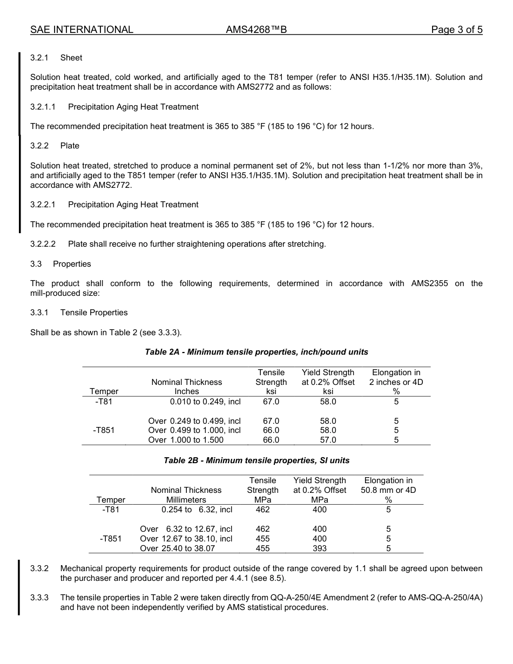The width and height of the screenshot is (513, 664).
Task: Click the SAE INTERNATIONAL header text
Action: tap(82, 30)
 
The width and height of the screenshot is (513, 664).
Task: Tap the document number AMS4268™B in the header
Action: tap(256, 30)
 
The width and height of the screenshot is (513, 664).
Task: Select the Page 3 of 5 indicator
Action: tap(456, 30)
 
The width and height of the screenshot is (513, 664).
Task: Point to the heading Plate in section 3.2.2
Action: tap(70, 146)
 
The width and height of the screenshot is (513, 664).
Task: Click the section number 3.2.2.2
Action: tap(43, 244)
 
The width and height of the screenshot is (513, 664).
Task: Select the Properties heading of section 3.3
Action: tap(72, 264)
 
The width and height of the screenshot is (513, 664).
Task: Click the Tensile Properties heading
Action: tap(94, 313)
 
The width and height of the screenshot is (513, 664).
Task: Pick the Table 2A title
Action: tap(256, 352)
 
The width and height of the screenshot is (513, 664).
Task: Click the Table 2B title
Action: tap(256, 460)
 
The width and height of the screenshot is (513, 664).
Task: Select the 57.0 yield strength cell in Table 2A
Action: tap(328, 440)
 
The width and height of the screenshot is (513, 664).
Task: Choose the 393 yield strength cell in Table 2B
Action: tap(320, 548)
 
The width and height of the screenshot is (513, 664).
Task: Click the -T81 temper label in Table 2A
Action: tap(104, 402)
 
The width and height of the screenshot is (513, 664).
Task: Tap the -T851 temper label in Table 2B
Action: tap(110, 539)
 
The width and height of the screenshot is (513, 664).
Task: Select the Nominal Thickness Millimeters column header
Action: tap(186, 494)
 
